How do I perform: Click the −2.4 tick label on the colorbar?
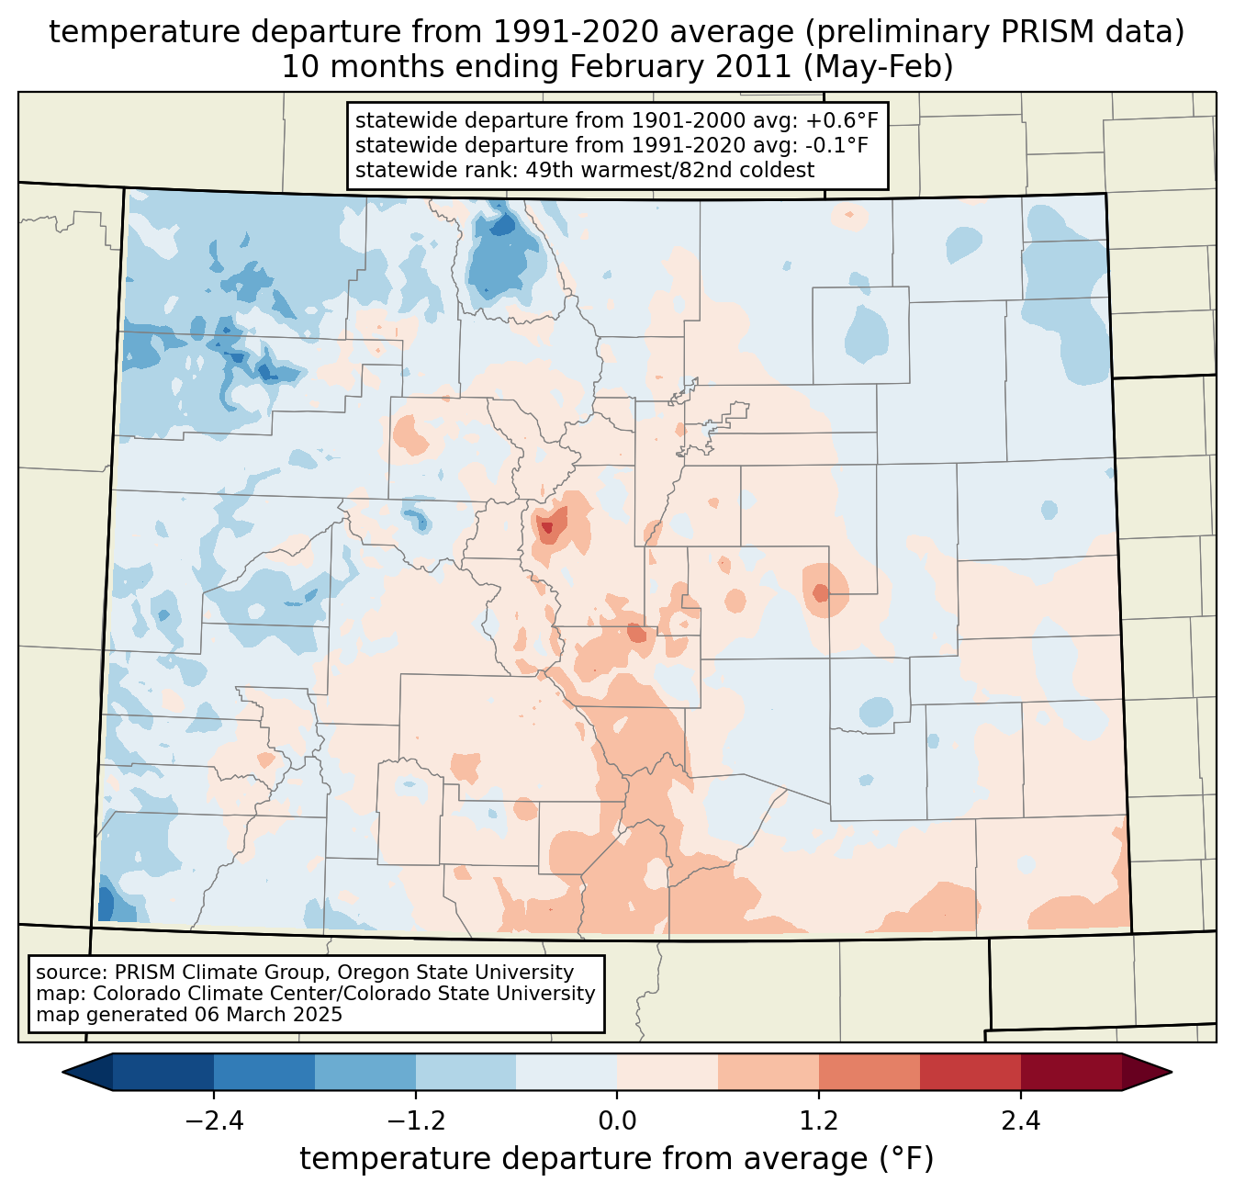point(213,1121)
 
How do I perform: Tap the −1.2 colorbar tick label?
point(415,1121)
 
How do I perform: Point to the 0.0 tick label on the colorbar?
point(617,1121)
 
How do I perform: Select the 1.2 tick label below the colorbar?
point(819,1121)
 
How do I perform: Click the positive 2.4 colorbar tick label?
point(1021,1121)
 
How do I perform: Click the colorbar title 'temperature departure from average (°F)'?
point(617,1159)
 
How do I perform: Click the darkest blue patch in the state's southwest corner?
point(106,904)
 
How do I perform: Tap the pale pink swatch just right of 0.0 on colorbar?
point(667,1072)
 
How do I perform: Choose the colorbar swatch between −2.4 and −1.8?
point(264,1072)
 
